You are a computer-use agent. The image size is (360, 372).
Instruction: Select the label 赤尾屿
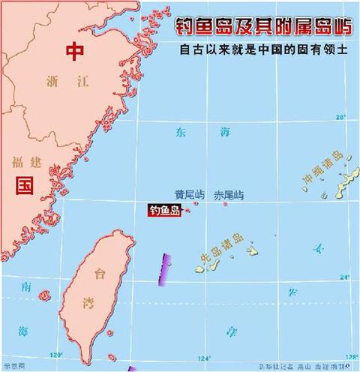229,194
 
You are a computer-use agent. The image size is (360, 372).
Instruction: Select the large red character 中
74,51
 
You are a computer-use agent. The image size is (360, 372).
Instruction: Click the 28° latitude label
340,117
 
